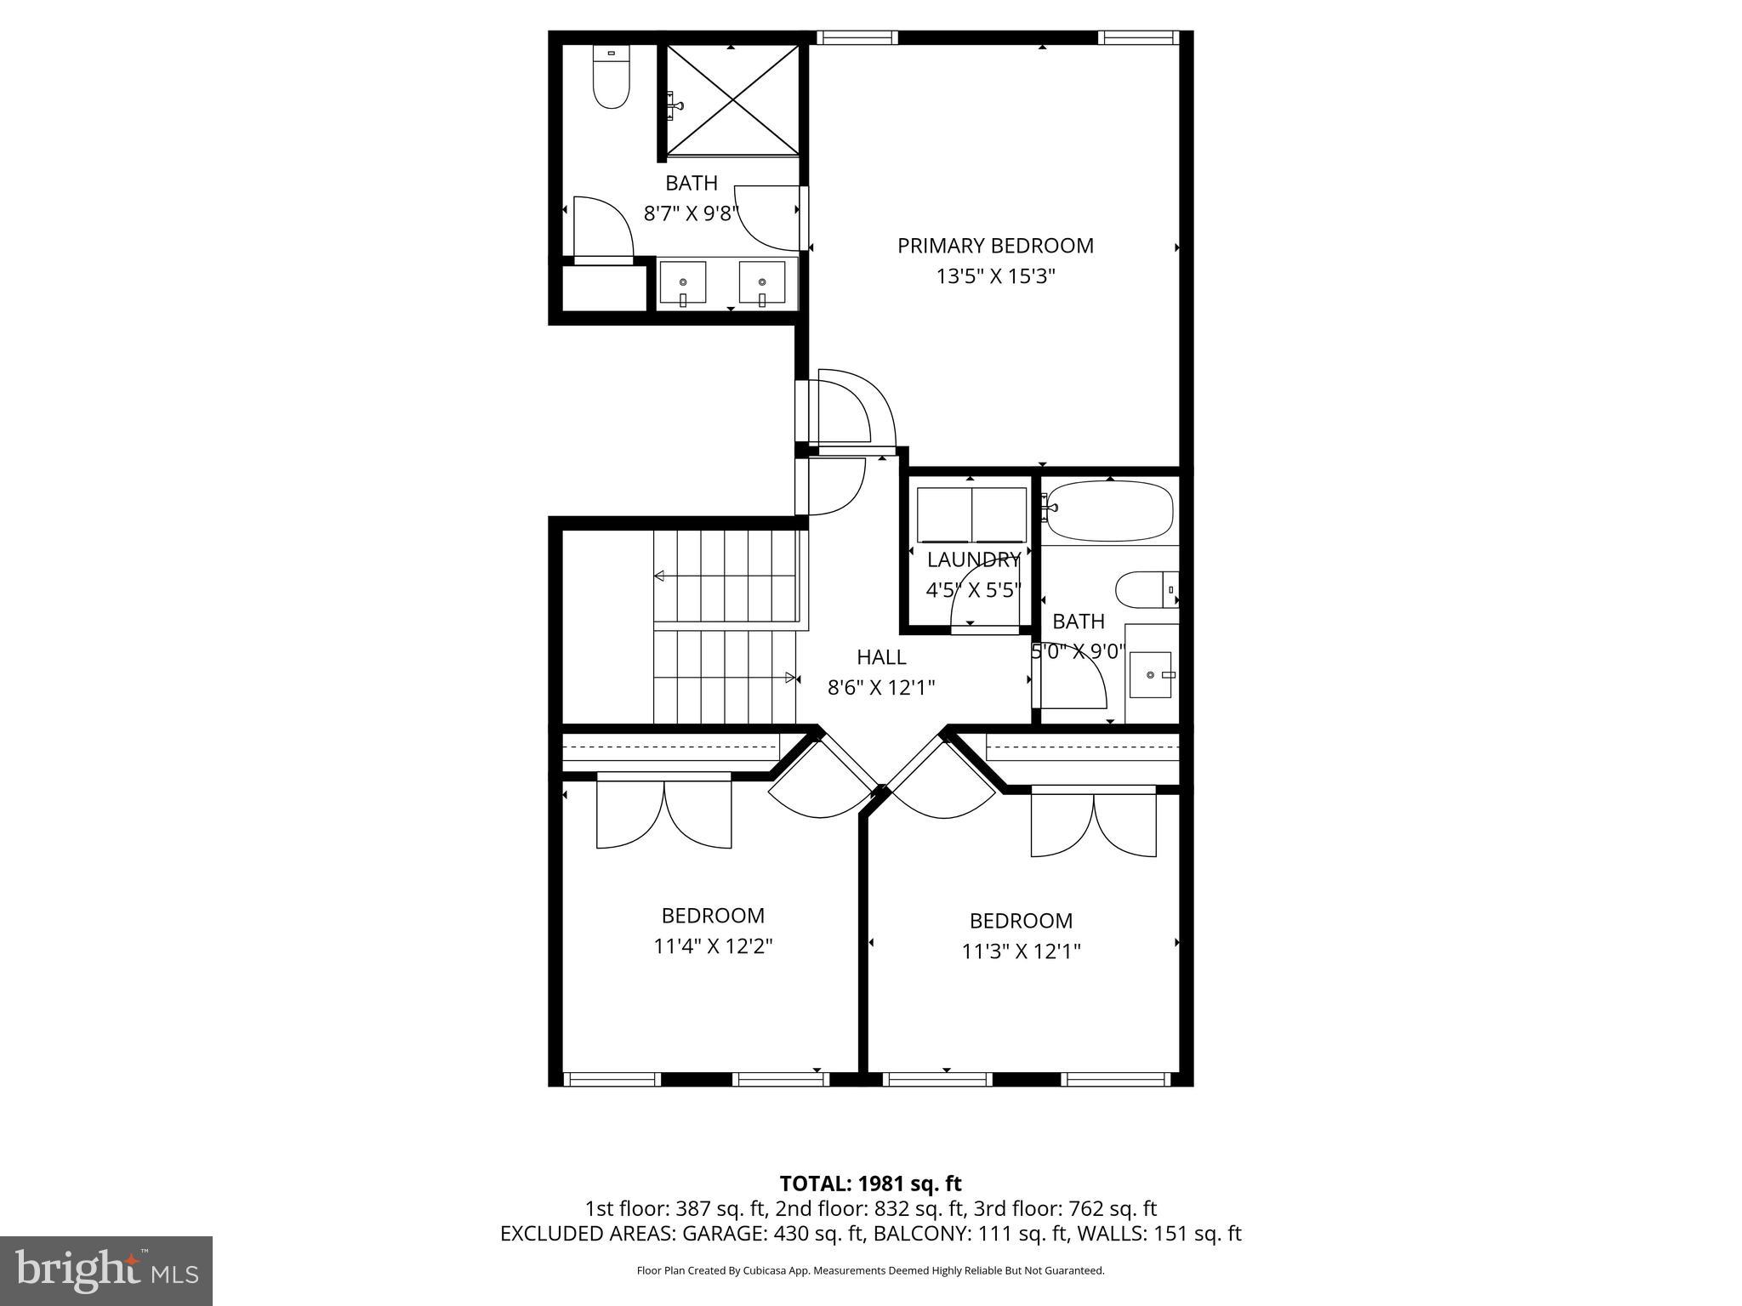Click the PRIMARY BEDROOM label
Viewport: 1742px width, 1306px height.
pos(995,246)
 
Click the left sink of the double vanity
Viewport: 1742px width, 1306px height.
pos(682,282)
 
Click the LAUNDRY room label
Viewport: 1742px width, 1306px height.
pos(973,559)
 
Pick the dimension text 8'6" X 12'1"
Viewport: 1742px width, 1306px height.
pos(881,687)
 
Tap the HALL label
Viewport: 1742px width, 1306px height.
pos(881,657)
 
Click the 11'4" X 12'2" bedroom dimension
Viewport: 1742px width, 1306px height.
pos(713,946)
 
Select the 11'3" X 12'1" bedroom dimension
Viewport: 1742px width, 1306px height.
pos(1021,951)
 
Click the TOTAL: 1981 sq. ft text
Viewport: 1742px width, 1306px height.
pos(870,1184)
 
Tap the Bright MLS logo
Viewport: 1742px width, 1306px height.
pos(105,1271)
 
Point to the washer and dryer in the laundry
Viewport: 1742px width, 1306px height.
pos(971,514)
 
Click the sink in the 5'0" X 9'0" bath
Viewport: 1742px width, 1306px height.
pos(1151,674)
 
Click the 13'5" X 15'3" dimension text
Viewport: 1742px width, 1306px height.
pos(995,276)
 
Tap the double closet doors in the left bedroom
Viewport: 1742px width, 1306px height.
pos(663,812)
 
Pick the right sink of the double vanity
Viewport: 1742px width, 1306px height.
pos(761,282)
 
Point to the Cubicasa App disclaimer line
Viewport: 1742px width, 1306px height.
pos(870,1270)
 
